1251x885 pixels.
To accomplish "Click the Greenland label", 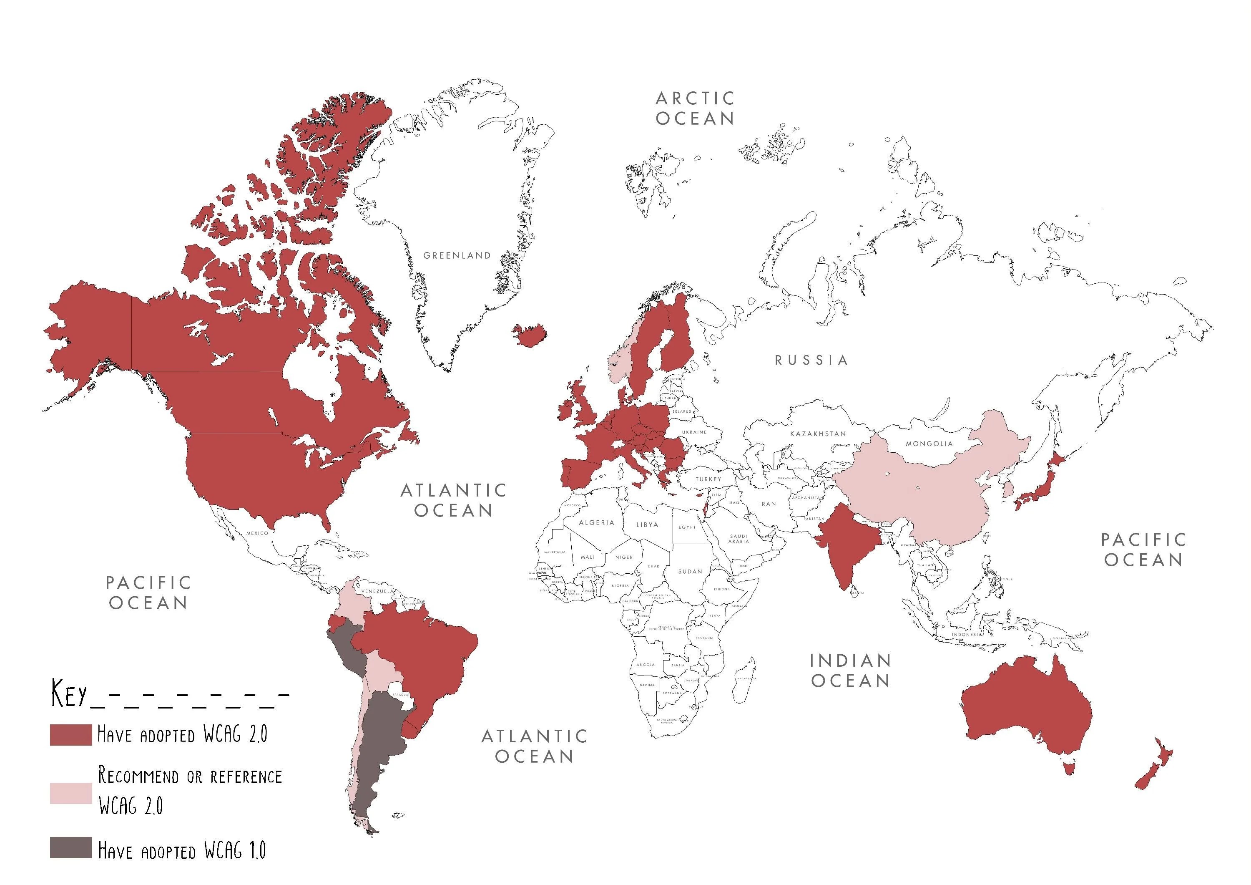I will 457,255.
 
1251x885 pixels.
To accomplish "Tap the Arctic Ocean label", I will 695,108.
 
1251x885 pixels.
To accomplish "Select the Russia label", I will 811,360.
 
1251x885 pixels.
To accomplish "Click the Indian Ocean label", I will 850,670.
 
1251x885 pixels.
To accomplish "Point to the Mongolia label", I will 929,443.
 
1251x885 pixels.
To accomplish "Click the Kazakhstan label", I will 818,434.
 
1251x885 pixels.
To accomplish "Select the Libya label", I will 647,524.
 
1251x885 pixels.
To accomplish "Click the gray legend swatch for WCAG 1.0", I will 71,848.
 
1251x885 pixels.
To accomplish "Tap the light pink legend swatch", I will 71,793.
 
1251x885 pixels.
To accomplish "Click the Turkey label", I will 708,479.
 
